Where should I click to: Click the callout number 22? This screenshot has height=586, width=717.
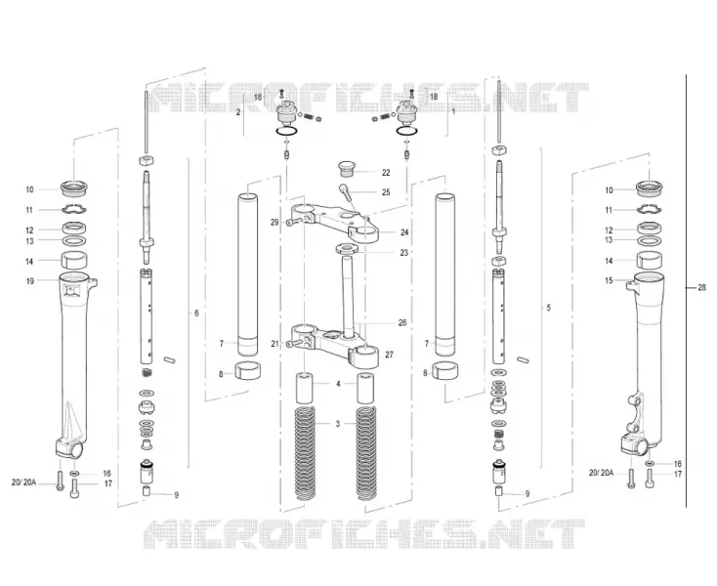tap(386, 172)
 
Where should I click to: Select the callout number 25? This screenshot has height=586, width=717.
tap(386, 192)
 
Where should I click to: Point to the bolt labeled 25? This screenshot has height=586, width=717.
tap(346, 191)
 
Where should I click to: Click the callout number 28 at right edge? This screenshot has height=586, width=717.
tap(701, 287)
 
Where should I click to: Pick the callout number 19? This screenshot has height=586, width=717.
tap(29, 281)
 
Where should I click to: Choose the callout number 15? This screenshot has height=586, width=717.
tap(609, 280)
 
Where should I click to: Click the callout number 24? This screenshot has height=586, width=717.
tap(404, 232)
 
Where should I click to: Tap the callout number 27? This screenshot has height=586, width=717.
tap(389, 355)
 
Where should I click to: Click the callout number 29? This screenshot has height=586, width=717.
tap(274, 222)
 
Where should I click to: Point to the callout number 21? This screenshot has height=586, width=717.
tap(274, 344)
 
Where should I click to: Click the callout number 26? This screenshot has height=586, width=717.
tap(401, 322)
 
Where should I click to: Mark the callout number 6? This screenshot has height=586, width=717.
tap(196, 314)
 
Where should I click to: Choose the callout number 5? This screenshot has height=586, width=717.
tap(549, 308)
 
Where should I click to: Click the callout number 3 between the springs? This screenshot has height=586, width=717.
tap(337, 424)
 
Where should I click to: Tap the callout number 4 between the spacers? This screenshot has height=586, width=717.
tap(338, 384)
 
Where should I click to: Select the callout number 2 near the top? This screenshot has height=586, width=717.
tap(237, 112)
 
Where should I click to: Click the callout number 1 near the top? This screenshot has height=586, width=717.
tap(453, 111)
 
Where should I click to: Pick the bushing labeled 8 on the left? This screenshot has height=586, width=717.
tap(247, 371)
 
